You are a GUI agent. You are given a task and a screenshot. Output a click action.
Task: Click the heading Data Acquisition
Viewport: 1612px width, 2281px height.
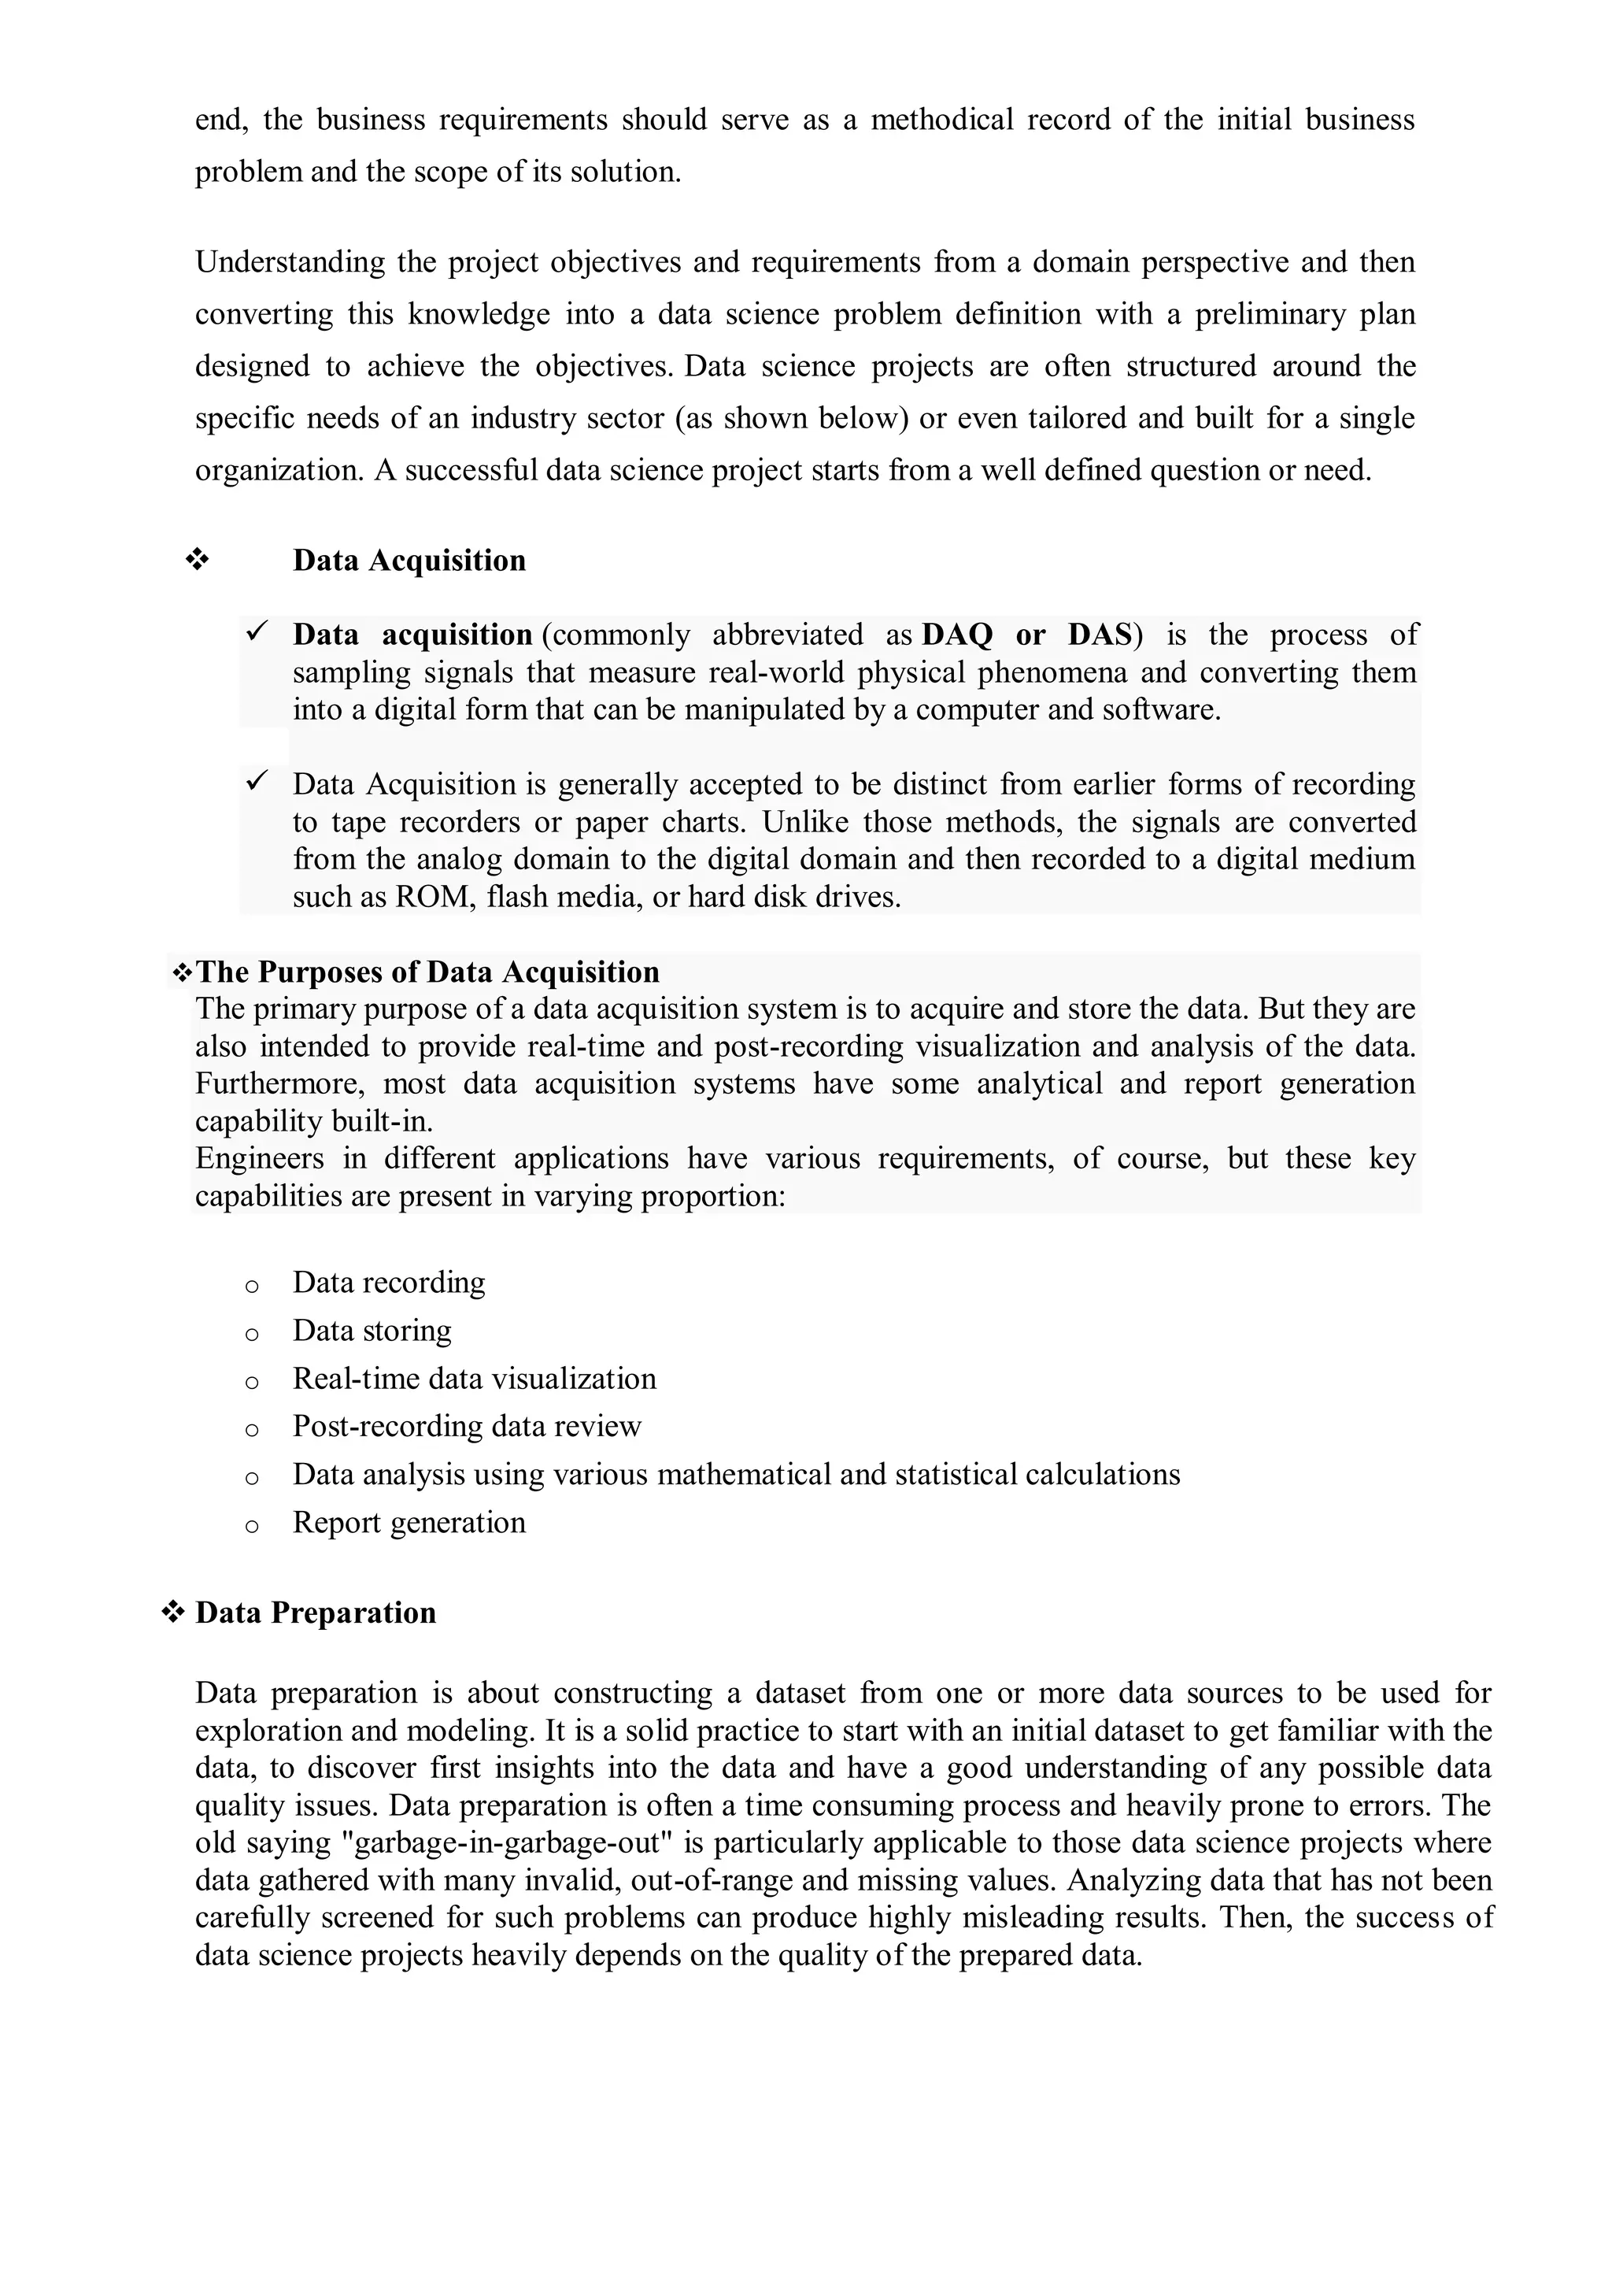[409, 561]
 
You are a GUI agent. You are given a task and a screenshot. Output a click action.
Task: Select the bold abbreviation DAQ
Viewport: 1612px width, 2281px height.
[957, 635]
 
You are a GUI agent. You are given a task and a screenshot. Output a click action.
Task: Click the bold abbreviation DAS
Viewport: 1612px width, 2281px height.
[1100, 635]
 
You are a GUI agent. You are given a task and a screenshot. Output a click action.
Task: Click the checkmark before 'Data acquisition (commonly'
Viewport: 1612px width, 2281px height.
[257, 631]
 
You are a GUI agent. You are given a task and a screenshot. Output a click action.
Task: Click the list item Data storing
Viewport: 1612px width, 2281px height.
[372, 1330]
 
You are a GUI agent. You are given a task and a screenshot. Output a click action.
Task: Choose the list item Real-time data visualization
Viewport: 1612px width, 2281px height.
[474, 1379]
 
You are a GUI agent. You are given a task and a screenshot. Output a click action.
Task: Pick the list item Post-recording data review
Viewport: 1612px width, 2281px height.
[467, 1427]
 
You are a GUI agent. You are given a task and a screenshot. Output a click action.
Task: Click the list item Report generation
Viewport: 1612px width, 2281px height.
[409, 1523]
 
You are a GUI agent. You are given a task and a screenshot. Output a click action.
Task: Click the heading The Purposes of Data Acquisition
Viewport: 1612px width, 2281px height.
[427, 972]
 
